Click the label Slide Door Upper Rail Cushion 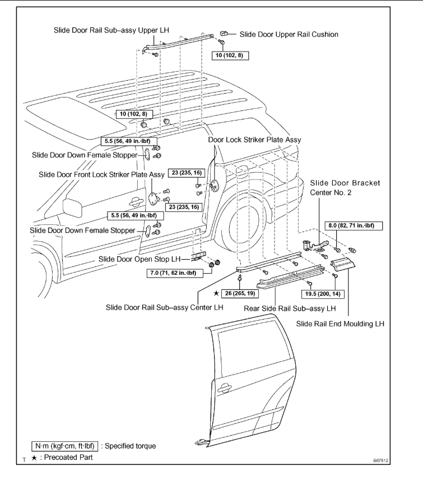pos(289,35)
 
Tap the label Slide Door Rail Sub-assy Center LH pos(166,307)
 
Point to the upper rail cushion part pos(222,34)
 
